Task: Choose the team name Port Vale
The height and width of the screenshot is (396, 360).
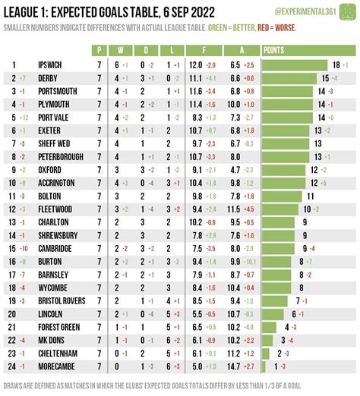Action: [55, 118]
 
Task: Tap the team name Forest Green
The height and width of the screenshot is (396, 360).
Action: [60, 327]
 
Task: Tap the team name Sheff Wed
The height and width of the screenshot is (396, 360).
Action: [54, 143]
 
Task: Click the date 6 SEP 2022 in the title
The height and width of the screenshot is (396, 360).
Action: [166, 11]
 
